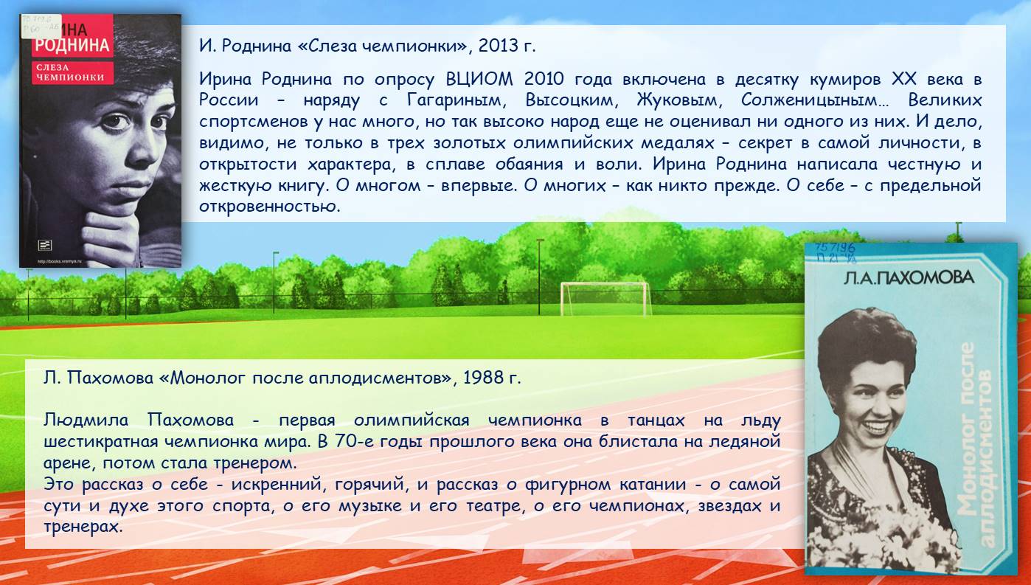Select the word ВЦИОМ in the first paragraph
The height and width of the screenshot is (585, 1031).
(479, 79)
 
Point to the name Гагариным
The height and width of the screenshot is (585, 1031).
(457, 100)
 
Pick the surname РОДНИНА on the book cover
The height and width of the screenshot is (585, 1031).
(72, 45)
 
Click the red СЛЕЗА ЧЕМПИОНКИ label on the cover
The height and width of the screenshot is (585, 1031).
(72, 72)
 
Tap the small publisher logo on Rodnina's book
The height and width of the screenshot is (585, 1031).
(45, 246)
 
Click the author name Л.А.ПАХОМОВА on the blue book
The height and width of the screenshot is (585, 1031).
(909, 277)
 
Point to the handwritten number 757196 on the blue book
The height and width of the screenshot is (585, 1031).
(835, 248)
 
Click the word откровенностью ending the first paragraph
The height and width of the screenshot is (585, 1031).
(269, 207)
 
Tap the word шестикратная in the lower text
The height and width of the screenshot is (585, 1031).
(101, 442)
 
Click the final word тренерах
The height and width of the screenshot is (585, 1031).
(83, 527)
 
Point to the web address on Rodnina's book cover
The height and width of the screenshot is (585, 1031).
(60, 261)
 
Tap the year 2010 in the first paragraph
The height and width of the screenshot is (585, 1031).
(544, 79)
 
